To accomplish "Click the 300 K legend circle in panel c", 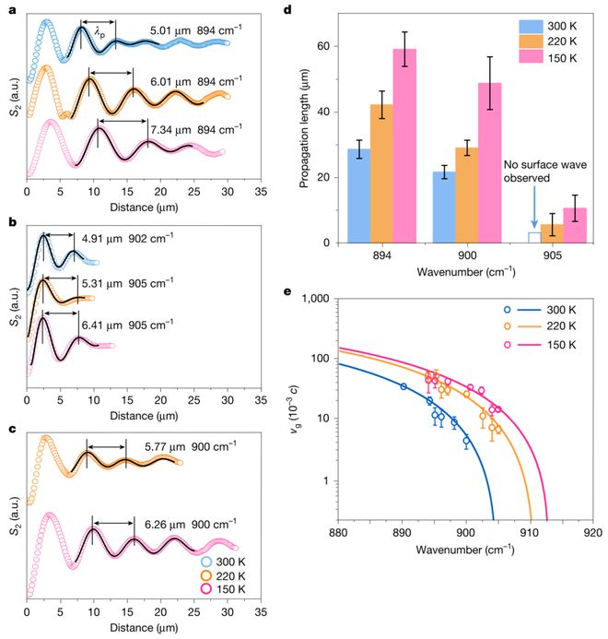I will pos(207,562).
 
